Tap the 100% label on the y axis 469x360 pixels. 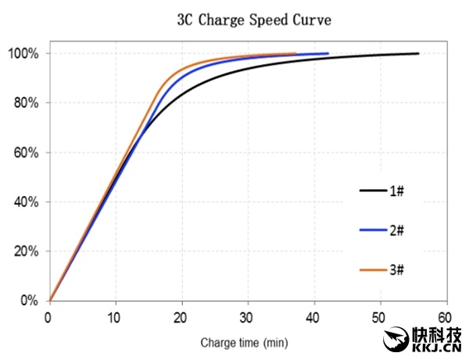23,53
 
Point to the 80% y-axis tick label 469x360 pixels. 26,102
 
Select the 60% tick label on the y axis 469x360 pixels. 26,152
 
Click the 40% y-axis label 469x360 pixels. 26,201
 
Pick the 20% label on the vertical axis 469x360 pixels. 26,251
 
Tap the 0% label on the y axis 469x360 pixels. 29,301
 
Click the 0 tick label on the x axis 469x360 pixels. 48,317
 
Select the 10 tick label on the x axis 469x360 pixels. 115,317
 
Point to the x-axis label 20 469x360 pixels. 181,317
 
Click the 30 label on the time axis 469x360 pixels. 248,317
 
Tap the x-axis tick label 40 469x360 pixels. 314,317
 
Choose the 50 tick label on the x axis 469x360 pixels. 381,317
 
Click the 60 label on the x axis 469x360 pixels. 446,317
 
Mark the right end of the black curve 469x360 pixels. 418,53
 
